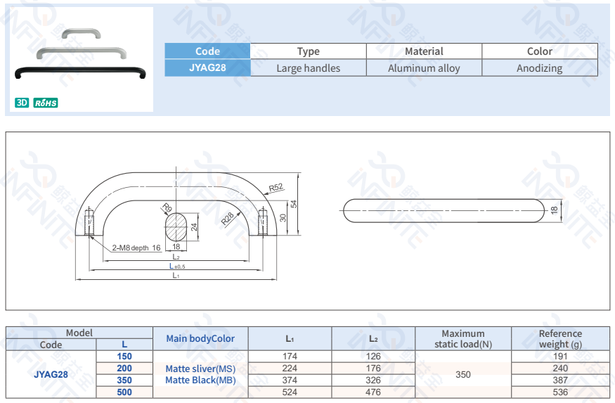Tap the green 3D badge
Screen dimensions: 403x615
[x=22, y=103]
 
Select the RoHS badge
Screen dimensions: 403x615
[x=46, y=103]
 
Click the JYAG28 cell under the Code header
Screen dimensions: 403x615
[x=207, y=68]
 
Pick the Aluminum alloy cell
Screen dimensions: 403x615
[x=424, y=68]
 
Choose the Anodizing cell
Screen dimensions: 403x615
[x=539, y=68]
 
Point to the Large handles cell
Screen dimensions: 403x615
[x=308, y=68]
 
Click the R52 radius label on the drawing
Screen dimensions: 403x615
[x=276, y=187]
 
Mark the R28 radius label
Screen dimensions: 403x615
[x=228, y=219]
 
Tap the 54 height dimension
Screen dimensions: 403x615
[x=294, y=204]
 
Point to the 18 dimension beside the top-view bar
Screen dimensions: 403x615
[x=554, y=210]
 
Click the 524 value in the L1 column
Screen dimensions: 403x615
[x=290, y=392]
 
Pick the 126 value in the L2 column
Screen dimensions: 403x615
[x=373, y=357]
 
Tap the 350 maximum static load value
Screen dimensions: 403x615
[x=463, y=374]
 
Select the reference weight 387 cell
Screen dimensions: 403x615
[x=560, y=380]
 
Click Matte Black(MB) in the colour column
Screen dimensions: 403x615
[x=200, y=380]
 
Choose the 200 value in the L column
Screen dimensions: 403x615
[x=124, y=368]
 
